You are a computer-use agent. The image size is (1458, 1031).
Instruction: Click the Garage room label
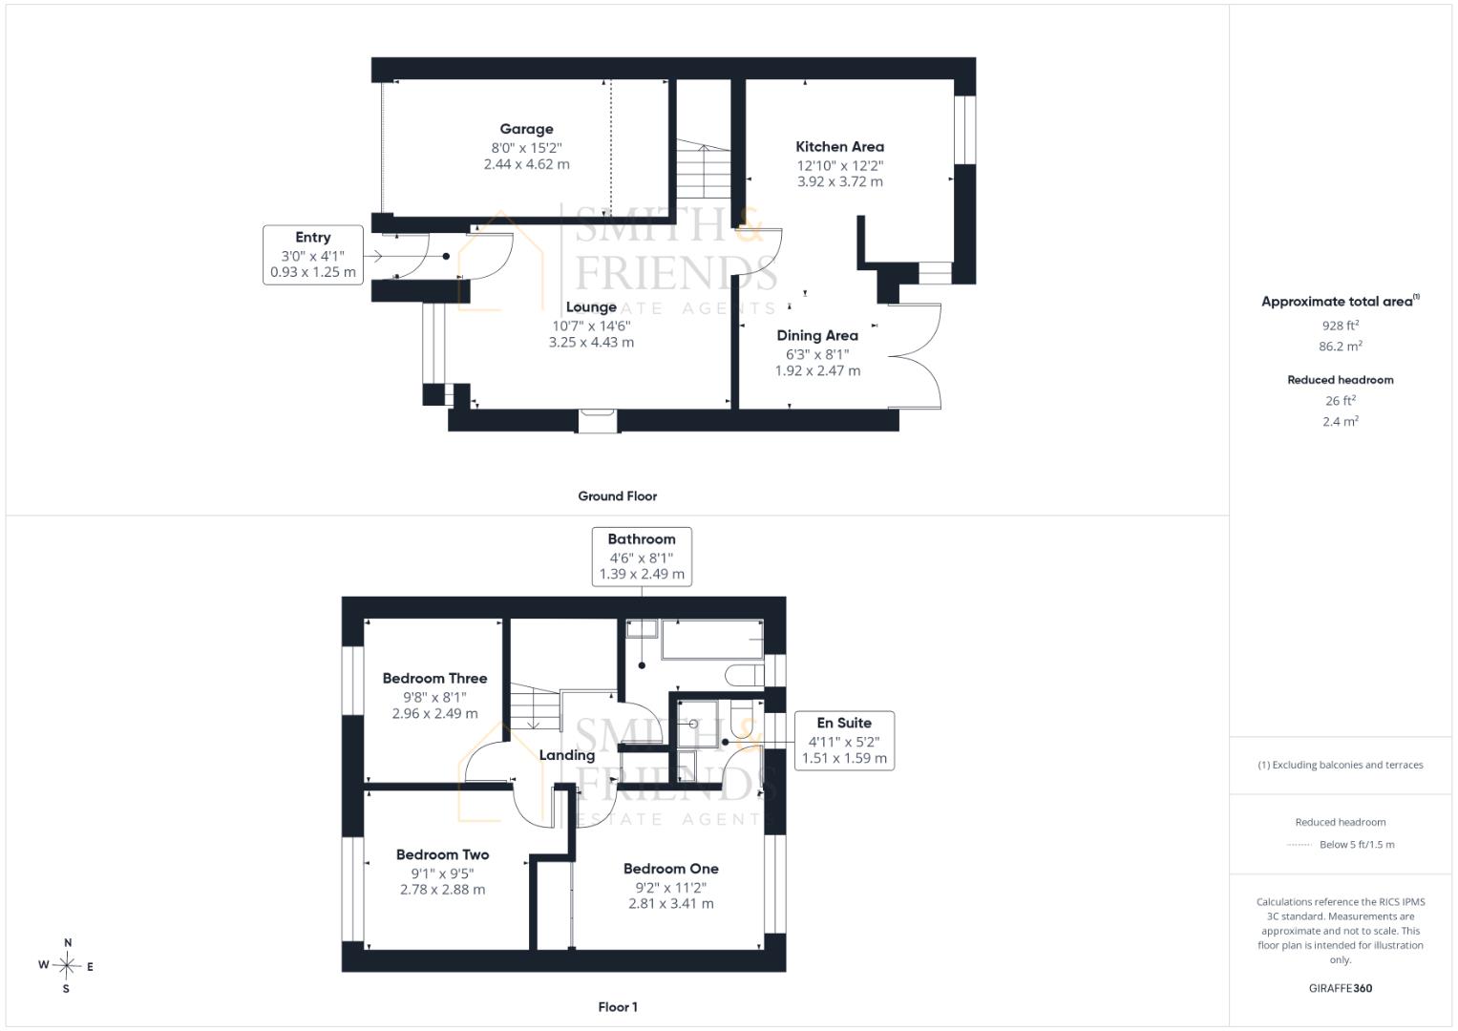pos(526,130)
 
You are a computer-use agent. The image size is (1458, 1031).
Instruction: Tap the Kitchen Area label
pos(839,146)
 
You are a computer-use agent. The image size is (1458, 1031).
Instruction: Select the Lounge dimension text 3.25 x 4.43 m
pos(591,343)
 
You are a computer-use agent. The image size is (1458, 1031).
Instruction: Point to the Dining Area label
pos(817,335)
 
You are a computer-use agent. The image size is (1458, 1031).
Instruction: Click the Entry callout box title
pos(312,237)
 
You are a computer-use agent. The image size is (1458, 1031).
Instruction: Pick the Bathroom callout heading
pos(641,539)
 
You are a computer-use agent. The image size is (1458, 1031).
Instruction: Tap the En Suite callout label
pos(843,723)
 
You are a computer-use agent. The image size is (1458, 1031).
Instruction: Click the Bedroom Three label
pos(434,678)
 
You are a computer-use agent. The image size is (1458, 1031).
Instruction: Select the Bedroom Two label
pos(443,854)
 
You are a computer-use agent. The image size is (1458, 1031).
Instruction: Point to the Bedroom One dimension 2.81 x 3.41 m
pos(671,903)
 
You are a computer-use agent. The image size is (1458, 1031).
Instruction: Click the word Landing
pos(567,755)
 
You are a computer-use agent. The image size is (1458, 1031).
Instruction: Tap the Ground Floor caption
pos(617,496)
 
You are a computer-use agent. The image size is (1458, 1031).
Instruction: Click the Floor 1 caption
pos(618,1007)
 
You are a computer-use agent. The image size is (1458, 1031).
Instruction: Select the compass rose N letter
pos(68,942)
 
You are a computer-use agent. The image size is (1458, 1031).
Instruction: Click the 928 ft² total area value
pos(1341,326)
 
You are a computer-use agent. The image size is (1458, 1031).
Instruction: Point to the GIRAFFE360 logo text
pos(1341,988)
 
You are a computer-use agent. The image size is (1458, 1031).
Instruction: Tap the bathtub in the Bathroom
pos(712,640)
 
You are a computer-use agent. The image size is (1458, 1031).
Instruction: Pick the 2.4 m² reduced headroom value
pos(1341,421)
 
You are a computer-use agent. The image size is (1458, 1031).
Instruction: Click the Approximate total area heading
pos(1341,301)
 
